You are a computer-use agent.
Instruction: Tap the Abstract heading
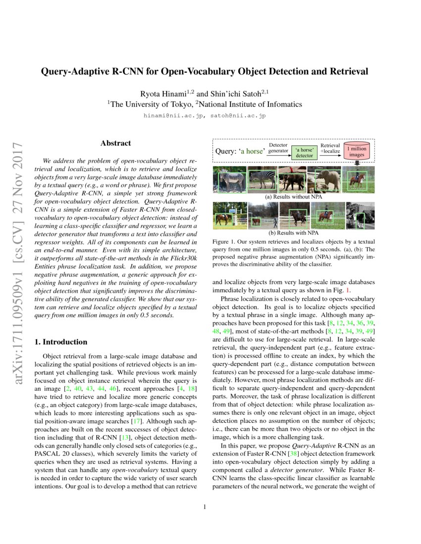coord(115,143)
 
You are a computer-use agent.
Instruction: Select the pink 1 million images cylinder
coord(357,151)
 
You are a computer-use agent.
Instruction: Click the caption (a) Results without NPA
coord(294,196)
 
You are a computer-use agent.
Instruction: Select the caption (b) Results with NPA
coord(294,232)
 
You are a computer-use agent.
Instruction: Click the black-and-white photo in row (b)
coord(360,215)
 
